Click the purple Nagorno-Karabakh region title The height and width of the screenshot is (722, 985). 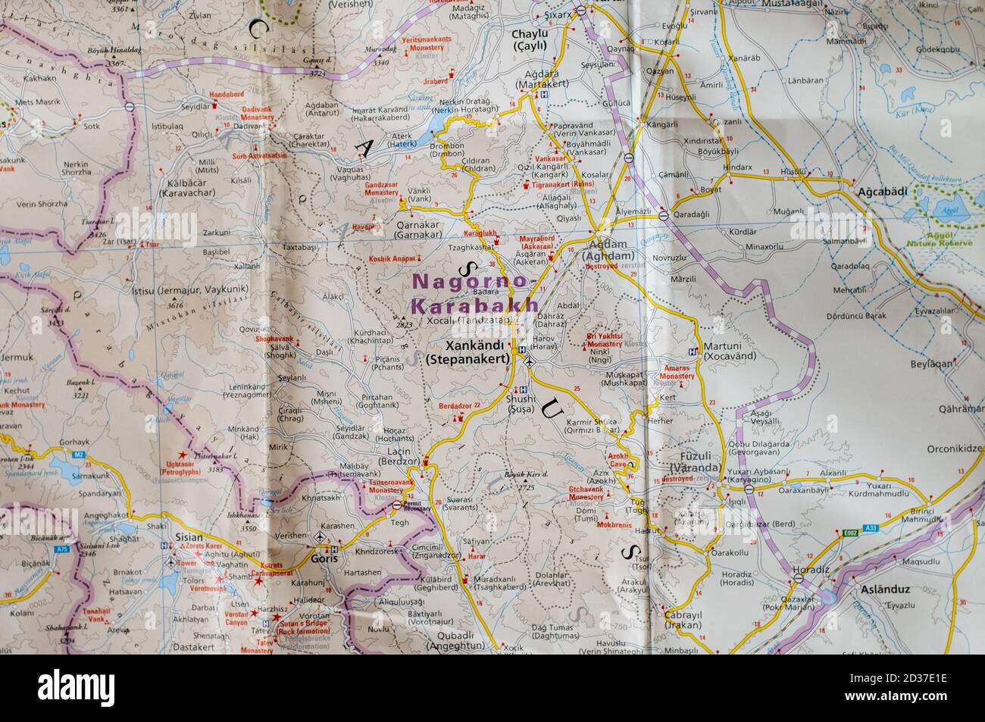(x=474, y=294)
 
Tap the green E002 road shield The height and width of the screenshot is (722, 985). (x=849, y=534)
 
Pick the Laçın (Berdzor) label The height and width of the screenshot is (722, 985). (x=393, y=457)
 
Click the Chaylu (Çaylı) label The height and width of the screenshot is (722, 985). (x=529, y=39)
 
